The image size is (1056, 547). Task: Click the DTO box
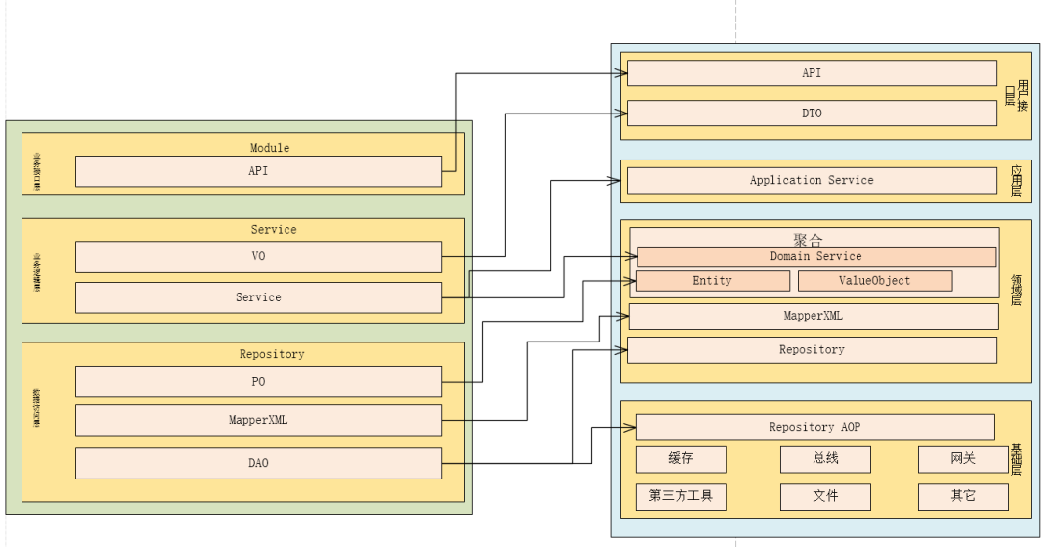coord(812,114)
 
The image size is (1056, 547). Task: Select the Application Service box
coord(812,181)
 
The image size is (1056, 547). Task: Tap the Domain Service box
coord(815,257)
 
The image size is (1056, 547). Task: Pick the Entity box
coord(712,281)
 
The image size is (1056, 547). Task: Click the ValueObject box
coord(874,281)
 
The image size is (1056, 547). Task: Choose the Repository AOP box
coord(814,428)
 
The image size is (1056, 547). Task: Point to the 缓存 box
coord(681,459)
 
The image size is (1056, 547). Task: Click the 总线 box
coord(825,459)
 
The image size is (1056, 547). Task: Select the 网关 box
coord(963,459)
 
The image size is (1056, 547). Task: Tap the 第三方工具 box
coord(681,496)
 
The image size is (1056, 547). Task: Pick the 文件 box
coord(825,496)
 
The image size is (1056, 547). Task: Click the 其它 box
coord(963,496)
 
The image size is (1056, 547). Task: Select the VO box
coord(258,257)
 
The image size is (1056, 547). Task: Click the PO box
coord(258,382)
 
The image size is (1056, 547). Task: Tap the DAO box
coord(258,463)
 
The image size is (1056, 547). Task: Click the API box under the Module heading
coord(258,171)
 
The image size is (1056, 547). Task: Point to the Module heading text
coord(270,148)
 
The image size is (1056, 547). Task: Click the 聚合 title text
coord(810,238)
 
